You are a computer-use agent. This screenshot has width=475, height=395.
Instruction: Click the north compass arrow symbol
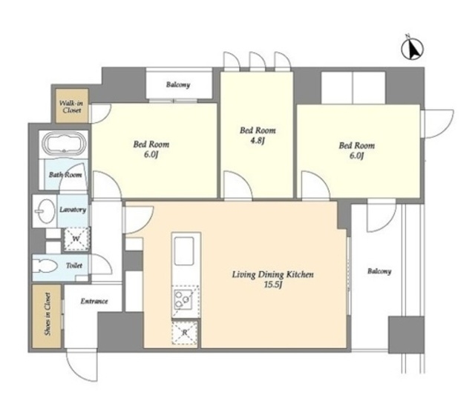(x=413, y=48)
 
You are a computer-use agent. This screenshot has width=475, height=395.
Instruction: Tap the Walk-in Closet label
(x=72, y=107)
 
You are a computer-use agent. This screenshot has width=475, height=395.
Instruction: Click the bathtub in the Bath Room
(x=64, y=144)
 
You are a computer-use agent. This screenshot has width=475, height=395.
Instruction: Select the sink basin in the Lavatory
(x=45, y=210)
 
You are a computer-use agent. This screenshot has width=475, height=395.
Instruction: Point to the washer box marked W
(x=76, y=239)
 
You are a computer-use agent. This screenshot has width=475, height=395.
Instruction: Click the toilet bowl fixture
(x=45, y=268)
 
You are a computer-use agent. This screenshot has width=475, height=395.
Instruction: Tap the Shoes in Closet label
(x=47, y=314)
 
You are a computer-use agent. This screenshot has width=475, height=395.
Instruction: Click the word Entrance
(x=94, y=301)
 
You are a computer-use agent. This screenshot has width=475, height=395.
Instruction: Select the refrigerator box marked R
(x=185, y=333)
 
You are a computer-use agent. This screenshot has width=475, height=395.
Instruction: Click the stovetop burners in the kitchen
(x=183, y=299)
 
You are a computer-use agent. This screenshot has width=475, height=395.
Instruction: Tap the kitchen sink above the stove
(x=184, y=251)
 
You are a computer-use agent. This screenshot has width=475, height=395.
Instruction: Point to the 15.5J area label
(x=273, y=285)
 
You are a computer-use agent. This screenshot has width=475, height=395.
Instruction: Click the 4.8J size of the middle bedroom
(x=257, y=141)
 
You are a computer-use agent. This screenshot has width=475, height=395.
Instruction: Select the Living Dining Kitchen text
(x=273, y=275)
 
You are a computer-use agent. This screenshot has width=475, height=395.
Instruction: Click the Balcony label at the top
(x=178, y=84)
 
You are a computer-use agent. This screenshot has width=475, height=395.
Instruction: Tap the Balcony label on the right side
(x=379, y=271)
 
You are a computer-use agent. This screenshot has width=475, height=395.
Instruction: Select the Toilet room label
(x=74, y=265)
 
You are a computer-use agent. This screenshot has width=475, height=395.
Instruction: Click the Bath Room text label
(x=65, y=175)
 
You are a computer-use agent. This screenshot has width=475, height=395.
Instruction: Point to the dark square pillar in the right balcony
(x=406, y=335)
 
